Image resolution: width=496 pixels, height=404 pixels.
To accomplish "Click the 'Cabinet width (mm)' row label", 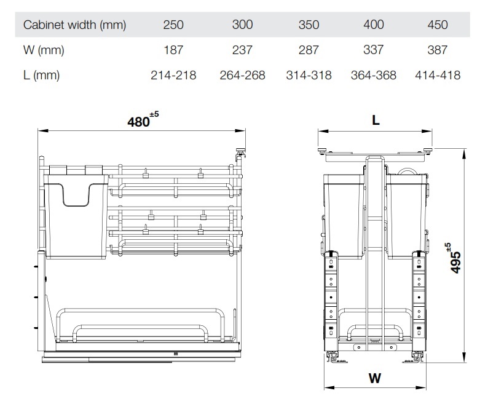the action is pos(74,25).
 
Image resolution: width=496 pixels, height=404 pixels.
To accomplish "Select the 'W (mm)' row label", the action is pos(44,50).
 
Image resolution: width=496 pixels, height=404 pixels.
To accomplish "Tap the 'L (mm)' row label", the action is pos(41,75).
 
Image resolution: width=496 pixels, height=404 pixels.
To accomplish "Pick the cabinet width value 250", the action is pos(173,25).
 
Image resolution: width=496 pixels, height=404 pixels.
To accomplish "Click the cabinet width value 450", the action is pos(438,25).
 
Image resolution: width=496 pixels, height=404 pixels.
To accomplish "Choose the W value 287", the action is pos(309,50).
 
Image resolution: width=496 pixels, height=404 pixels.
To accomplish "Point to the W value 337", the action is pos(374,50).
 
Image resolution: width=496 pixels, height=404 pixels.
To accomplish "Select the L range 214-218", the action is pos(173,75).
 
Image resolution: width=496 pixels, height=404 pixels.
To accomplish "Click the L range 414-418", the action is pos(438,75).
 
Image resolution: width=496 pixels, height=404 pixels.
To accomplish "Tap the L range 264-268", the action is pos(242,75).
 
